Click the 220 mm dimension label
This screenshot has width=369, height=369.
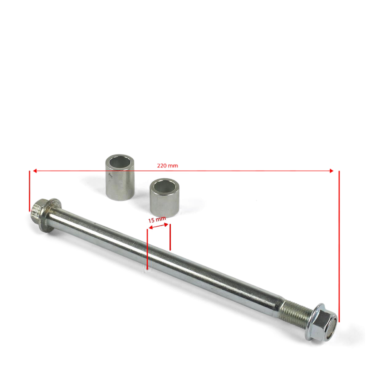[167, 166]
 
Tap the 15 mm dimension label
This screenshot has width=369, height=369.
[157, 220]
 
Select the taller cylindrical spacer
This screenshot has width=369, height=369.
[120, 177]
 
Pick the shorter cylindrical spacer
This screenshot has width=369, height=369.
[164, 198]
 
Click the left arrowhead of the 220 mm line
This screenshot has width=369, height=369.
[35, 171]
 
